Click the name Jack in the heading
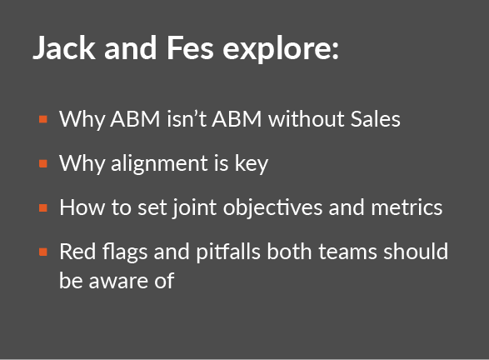(64, 47)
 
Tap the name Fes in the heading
(190, 47)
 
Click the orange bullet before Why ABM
(43, 119)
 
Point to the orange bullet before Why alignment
(43, 163)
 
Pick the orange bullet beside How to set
(43, 207)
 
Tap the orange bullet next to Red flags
(43, 252)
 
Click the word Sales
(375, 119)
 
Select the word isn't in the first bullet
(187, 119)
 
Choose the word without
(307, 119)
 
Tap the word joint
(195, 208)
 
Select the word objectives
(272, 208)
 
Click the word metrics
(407, 207)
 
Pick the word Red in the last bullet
(77, 252)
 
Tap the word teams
(347, 252)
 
